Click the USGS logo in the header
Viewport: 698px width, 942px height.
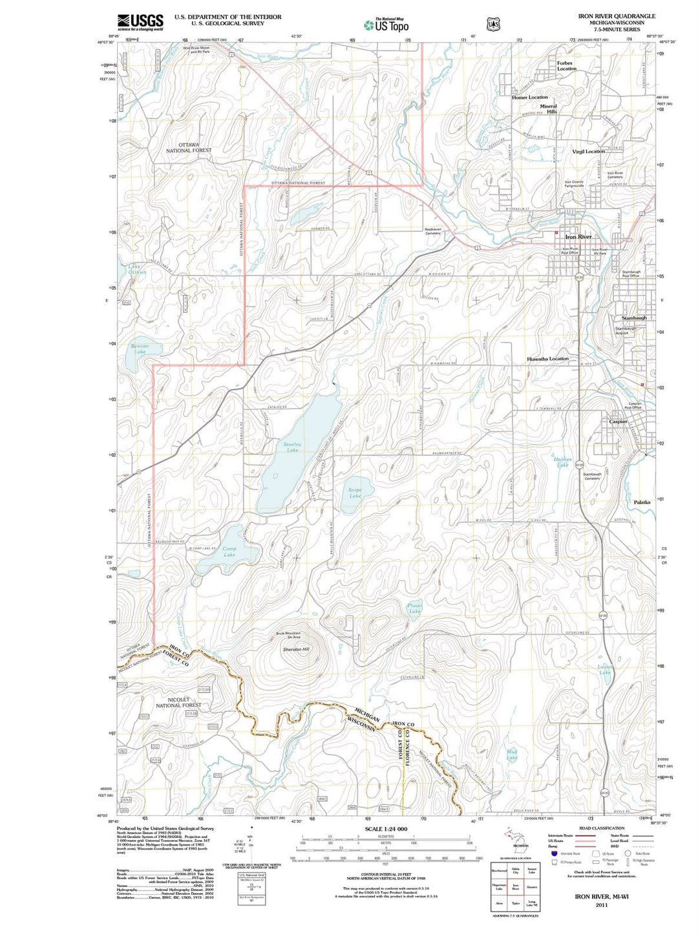tap(140, 22)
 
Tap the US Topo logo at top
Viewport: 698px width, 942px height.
tap(386, 25)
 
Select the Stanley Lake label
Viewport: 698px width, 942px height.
tap(292, 447)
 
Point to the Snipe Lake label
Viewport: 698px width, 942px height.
tap(355, 493)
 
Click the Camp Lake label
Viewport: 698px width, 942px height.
tap(229, 551)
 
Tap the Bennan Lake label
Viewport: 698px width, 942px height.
tap(140, 348)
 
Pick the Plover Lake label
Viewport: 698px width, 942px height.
tap(415, 608)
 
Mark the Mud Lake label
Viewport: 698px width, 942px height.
tap(512, 755)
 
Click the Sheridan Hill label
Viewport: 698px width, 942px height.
tap(296, 649)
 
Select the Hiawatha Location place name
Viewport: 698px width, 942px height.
tap(547, 358)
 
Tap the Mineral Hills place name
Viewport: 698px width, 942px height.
tap(548, 109)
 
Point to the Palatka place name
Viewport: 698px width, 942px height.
tap(642, 502)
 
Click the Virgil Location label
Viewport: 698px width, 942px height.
tap(588, 151)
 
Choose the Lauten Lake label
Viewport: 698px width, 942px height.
tap(605, 669)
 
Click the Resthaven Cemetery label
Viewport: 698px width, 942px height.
tap(432, 231)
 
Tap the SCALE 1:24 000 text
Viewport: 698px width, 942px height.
tap(386, 829)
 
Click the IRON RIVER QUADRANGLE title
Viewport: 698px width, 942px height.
tap(617, 16)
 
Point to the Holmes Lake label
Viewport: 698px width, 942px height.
tap(562, 462)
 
